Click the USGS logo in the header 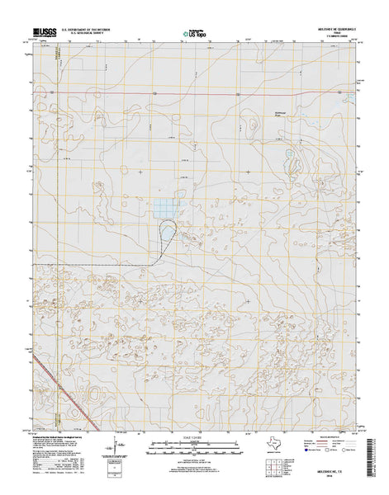[x=46, y=33]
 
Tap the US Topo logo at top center [x=195, y=34]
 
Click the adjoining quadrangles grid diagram [x=268, y=452]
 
